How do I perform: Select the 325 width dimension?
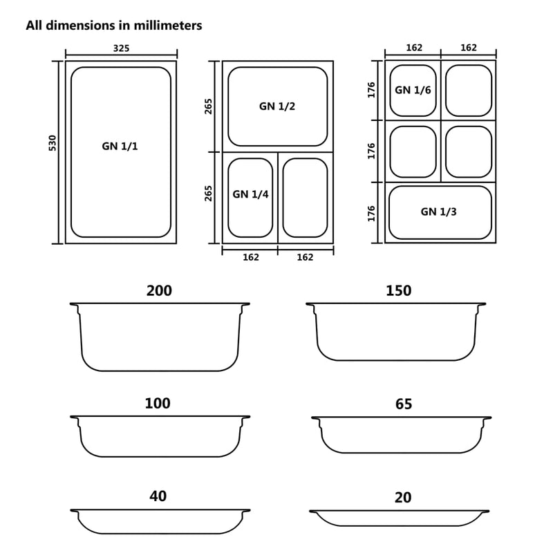click(x=121, y=48)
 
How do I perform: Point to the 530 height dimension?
click(x=52, y=143)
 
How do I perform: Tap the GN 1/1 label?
click(x=120, y=147)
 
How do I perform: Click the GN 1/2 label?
click(x=277, y=106)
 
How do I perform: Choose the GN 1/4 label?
click(x=250, y=195)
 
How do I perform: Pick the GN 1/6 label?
click(x=413, y=90)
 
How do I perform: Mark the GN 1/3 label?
click(x=438, y=212)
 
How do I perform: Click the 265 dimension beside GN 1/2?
click(x=209, y=106)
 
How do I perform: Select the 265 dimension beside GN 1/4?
click(x=209, y=193)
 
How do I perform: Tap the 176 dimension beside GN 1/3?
click(x=371, y=213)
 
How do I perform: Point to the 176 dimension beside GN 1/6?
click(x=371, y=90)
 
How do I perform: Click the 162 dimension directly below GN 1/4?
click(x=250, y=257)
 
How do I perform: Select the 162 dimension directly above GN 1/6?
click(x=413, y=48)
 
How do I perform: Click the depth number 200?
click(x=159, y=291)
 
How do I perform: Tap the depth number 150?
click(x=398, y=291)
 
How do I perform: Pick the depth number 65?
click(x=403, y=404)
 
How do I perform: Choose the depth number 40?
click(x=158, y=496)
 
